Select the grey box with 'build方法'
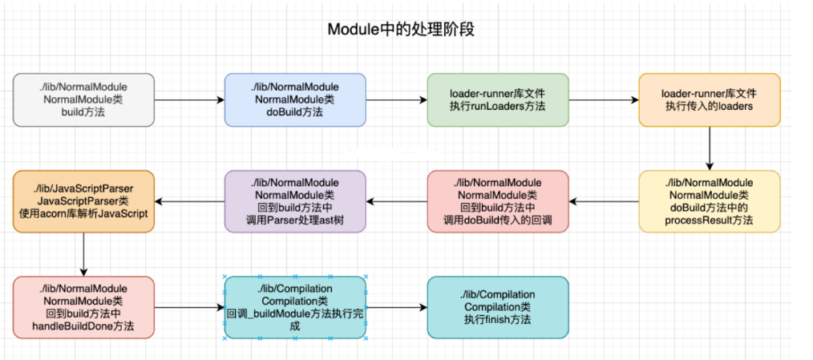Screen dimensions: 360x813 point(83,99)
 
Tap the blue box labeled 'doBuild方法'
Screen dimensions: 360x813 point(295,99)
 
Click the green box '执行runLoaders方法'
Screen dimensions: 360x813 point(497,99)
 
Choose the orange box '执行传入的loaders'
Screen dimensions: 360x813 point(709,99)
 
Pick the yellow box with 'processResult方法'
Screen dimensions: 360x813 point(709,201)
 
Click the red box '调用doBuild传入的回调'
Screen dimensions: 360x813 point(497,201)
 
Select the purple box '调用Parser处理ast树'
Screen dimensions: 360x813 point(295,201)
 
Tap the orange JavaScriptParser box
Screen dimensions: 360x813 point(83,201)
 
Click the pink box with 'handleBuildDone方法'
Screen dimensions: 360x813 point(83,307)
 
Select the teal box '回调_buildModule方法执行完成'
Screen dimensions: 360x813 point(295,307)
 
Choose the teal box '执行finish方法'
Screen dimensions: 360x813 point(497,307)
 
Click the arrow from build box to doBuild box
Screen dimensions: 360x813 point(189,100)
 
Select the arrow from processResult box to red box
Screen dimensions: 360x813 point(603,201)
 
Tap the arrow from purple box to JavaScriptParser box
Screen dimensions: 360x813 point(189,201)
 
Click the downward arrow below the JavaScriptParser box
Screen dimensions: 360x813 point(83,254)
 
